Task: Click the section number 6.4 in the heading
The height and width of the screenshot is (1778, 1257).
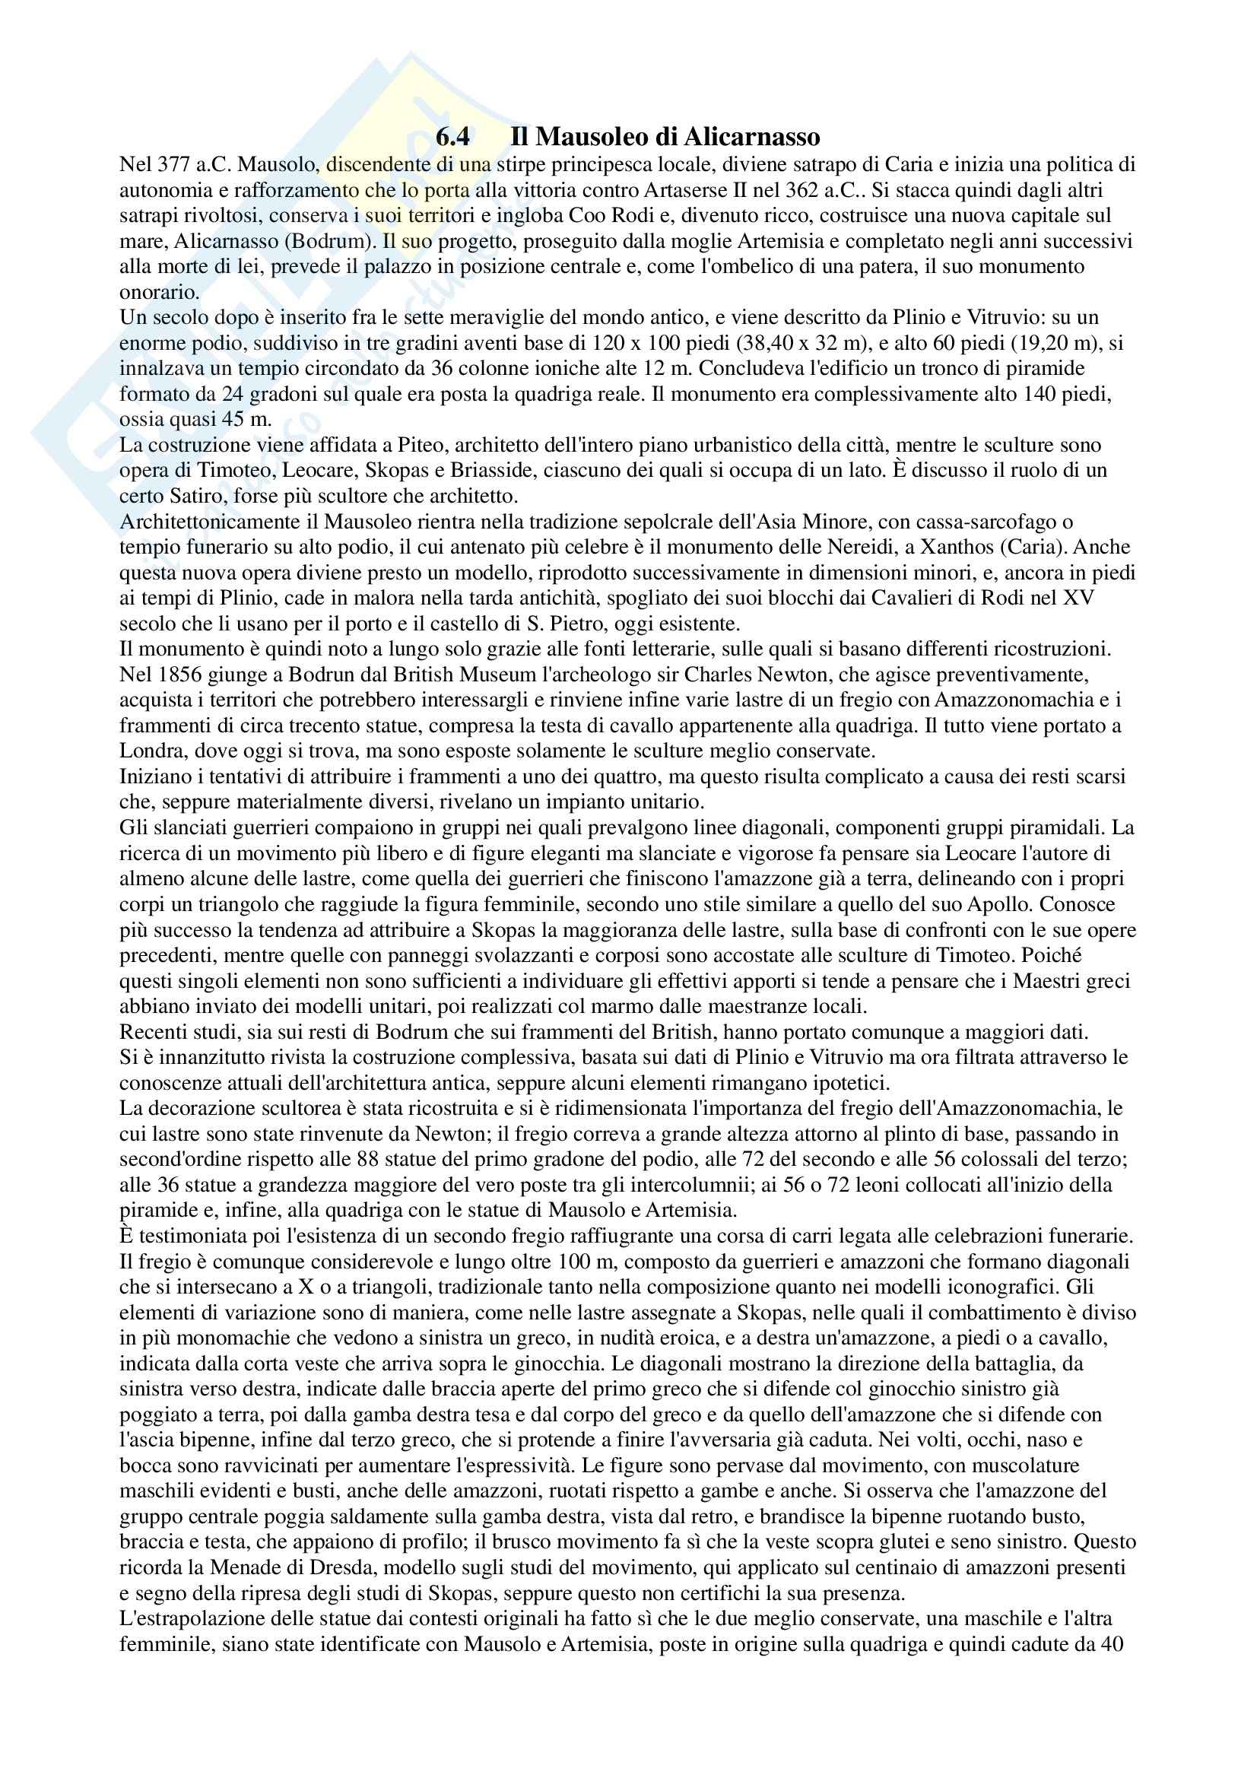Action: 452,138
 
